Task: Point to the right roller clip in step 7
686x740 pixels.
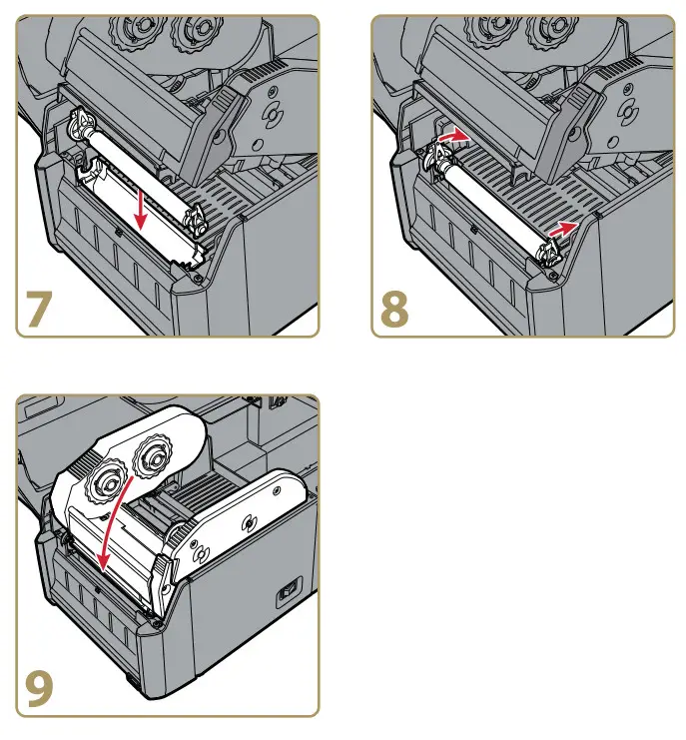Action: (196, 219)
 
